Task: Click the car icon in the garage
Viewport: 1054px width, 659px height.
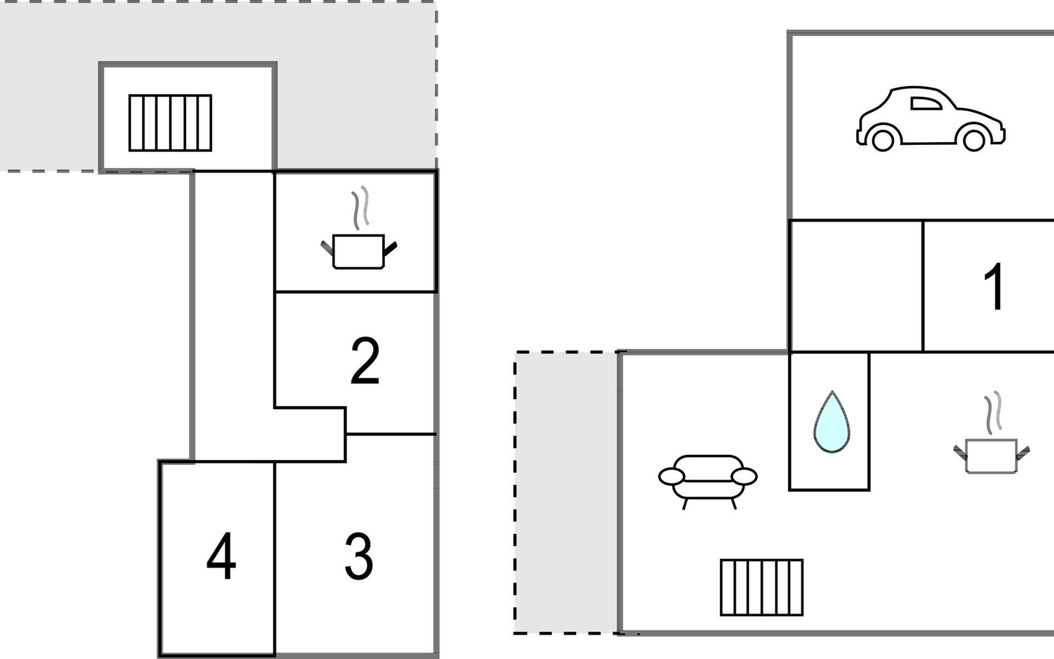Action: (931, 119)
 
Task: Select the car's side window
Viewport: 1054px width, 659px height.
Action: (926, 104)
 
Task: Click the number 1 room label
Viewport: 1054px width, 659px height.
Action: (994, 286)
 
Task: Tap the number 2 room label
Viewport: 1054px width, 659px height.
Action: (365, 360)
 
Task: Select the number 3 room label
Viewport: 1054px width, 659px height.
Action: (359, 556)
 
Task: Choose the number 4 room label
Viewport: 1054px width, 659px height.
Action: (221, 556)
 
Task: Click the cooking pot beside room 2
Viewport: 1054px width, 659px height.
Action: (358, 251)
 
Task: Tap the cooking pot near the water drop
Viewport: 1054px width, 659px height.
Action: (991, 455)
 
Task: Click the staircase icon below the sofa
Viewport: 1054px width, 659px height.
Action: (761, 588)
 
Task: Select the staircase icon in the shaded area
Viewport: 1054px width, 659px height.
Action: (170, 123)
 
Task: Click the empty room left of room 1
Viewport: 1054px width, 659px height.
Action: (856, 286)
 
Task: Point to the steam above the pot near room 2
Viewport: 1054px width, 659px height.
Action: (360, 208)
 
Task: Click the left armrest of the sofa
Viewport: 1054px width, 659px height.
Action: (672, 477)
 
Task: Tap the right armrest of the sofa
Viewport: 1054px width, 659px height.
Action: (744, 477)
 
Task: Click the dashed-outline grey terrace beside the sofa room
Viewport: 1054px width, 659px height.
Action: (566, 493)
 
